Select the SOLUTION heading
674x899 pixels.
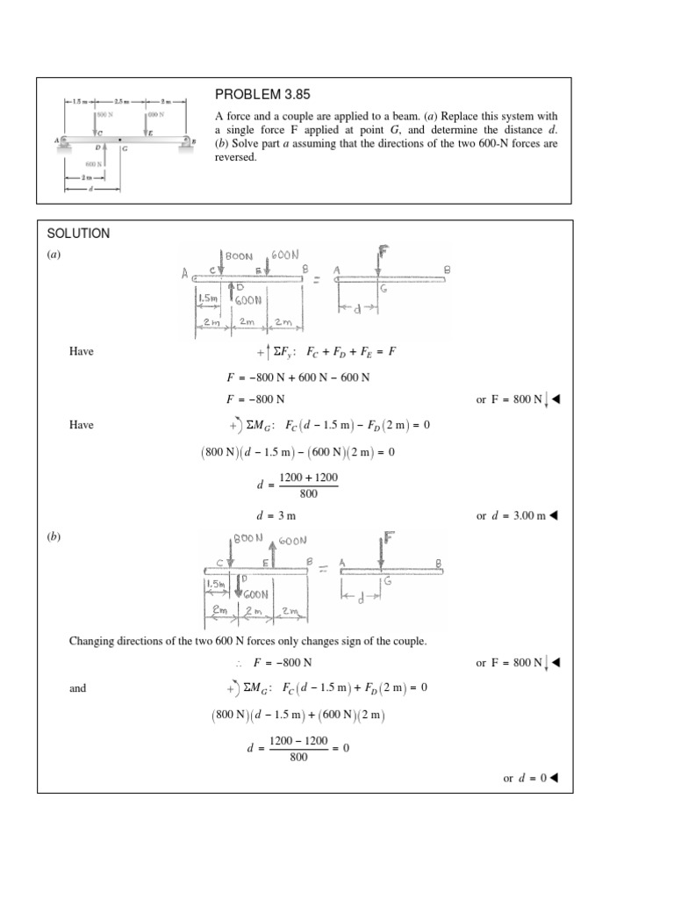[78, 234]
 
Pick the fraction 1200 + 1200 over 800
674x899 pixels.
[308, 484]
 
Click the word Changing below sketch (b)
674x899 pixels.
[93, 641]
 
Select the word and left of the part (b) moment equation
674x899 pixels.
[78, 688]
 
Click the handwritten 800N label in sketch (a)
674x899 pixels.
[239, 255]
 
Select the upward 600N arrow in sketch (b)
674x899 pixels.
[273, 554]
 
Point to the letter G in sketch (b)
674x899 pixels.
[387, 581]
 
